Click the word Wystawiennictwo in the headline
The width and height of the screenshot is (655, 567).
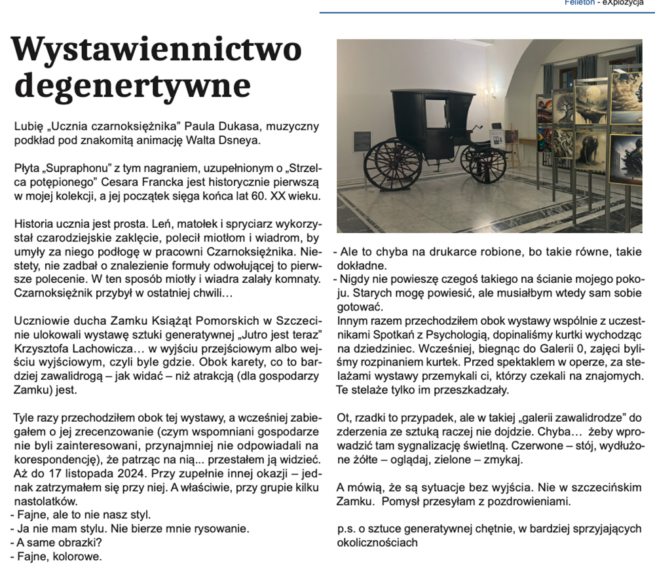[x=157, y=50]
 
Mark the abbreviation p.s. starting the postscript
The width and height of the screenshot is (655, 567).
[x=345, y=528]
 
